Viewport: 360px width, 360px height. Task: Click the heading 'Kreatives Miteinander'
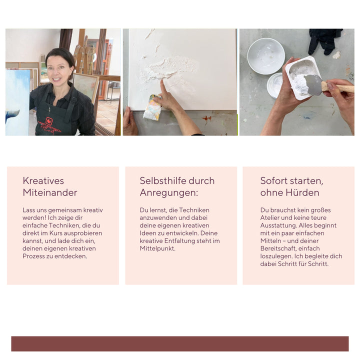(x=50, y=186)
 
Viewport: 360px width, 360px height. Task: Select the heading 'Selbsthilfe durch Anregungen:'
(x=177, y=186)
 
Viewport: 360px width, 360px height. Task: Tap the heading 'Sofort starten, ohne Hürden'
(x=291, y=186)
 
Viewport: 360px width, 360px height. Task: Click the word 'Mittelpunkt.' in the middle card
(x=157, y=248)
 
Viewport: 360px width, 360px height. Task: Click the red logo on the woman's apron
(x=49, y=120)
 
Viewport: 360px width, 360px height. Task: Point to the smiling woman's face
(x=59, y=69)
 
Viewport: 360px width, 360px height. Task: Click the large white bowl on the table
(x=266, y=56)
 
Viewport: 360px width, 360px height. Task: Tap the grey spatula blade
(x=312, y=84)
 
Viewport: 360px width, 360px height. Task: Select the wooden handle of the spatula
(x=338, y=87)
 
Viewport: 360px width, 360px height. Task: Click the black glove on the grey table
(x=324, y=41)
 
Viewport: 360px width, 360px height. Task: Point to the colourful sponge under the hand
(x=152, y=107)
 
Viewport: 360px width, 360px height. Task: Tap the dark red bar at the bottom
(x=180, y=343)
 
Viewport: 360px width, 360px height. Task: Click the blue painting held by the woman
(x=17, y=102)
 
